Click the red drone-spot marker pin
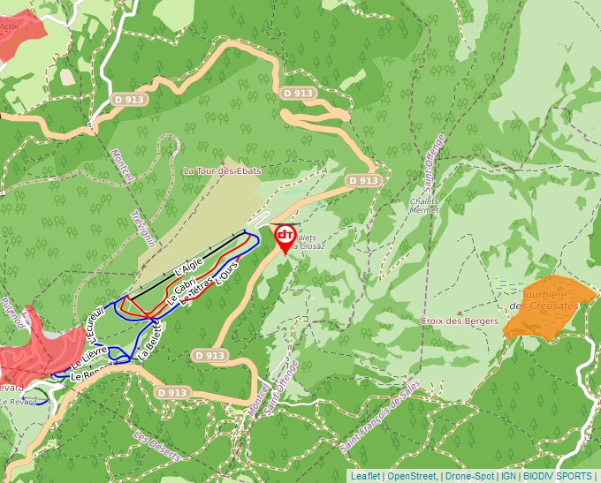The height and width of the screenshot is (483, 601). point(285,237)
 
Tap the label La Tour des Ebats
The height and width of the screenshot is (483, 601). point(222,170)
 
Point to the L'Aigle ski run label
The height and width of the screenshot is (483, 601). point(188,263)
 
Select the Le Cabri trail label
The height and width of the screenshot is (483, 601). point(184,286)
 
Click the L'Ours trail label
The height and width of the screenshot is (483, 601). point(227,274)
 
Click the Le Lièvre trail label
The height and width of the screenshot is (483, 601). point(89,357)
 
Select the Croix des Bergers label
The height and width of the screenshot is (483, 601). point(460,321)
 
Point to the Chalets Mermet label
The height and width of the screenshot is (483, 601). point(424,205)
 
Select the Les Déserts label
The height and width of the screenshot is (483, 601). point(156,447)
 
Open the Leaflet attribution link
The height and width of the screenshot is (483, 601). point(365,476)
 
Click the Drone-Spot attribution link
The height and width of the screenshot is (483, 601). point(468,476)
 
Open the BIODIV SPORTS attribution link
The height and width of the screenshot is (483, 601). point(558,476)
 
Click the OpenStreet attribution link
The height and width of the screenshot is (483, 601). point(412,476)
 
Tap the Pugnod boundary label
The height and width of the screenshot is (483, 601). point(11,313)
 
